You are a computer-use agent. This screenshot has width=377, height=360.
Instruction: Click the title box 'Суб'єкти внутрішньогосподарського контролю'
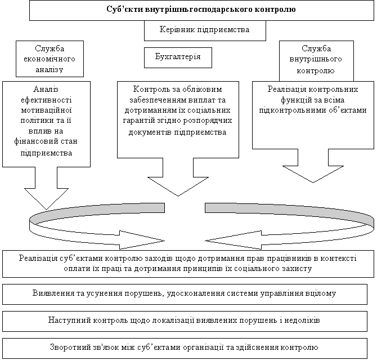[x=201, y=10]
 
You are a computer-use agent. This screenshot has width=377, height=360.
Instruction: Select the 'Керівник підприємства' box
[x=205, y=30]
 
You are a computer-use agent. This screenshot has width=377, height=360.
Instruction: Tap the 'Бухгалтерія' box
[x=178, y=57]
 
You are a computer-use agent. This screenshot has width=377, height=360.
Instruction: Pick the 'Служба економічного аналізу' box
[x=50, y=59]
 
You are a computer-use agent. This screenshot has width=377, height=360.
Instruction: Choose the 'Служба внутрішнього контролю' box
[x=316, y=61]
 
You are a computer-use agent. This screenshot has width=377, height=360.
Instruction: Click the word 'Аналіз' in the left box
[x=46, y=89]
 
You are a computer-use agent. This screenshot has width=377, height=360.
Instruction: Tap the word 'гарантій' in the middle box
[x=138, y=121]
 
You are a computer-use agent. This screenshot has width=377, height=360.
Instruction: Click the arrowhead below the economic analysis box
[x=46, y=199]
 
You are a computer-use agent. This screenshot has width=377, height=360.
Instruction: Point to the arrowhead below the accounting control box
[x=178, y=186]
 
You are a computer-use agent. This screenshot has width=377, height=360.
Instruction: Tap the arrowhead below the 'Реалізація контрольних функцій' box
[x=313, y=174]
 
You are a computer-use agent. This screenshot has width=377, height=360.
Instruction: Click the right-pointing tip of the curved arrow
[x=164, y=241]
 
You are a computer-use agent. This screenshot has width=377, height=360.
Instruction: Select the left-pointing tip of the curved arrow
[x=205, y=241]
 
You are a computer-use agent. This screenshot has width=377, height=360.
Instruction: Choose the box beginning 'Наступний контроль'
[x=185, y=321]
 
